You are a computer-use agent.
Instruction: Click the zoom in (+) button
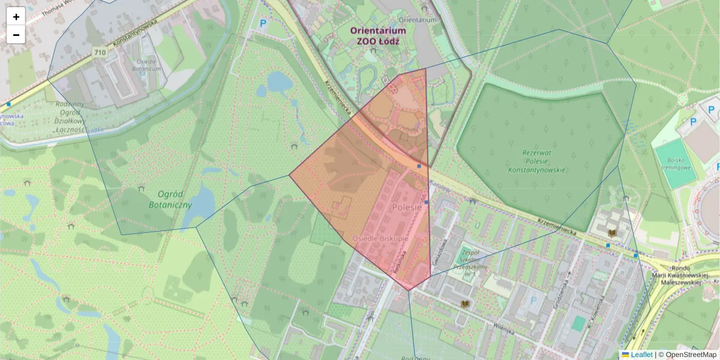(x=16, y=17)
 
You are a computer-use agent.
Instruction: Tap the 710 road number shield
(x=100, y=53)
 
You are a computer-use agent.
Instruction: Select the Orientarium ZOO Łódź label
(x=378, y=35)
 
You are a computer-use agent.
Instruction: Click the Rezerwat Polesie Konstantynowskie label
(x=537, y=161)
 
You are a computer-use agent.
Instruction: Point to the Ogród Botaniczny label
(x=170, y=199)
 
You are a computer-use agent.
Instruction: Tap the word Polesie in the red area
(x=408, y=207)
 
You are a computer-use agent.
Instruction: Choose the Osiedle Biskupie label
(x=380, y=239)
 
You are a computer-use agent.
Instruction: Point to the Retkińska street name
(x=397, y=262)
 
